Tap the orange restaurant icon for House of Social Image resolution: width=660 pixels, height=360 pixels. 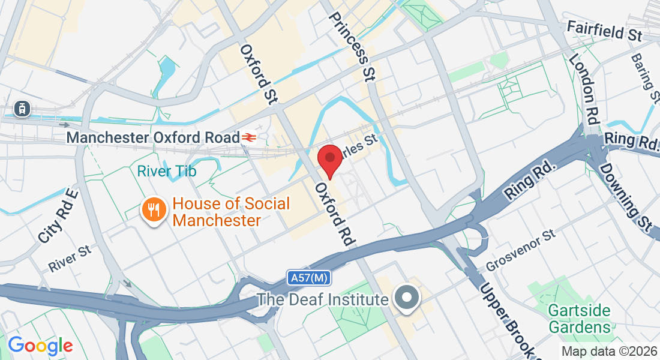point(154,210)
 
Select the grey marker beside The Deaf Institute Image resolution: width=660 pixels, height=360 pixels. point(407,298)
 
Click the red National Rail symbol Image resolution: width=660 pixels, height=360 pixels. point(249,137)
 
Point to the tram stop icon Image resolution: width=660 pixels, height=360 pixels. point(22,108)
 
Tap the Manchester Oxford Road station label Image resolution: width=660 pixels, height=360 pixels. point(152,137)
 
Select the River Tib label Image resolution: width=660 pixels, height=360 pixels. point(166,171)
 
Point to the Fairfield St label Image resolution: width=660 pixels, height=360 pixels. point(604,31)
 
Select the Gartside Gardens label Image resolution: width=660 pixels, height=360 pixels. point(580,319)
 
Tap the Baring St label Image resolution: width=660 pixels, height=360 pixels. point(645,77)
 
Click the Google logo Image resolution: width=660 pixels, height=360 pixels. point(40,346)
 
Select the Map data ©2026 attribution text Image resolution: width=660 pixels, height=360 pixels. point(609,352)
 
